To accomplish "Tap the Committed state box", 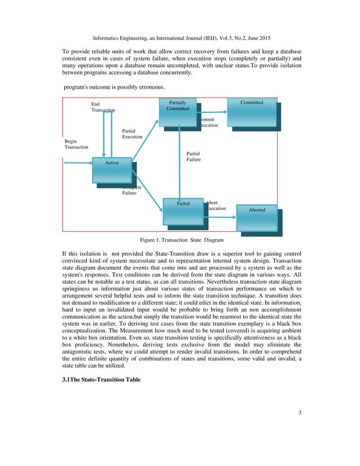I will coord(252,109).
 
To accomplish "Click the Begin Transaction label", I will coord(76,144).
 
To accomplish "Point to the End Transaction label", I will coord(103,107).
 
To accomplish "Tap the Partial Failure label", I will coord(193,156).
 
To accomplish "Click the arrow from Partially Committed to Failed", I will coord(179,164).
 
